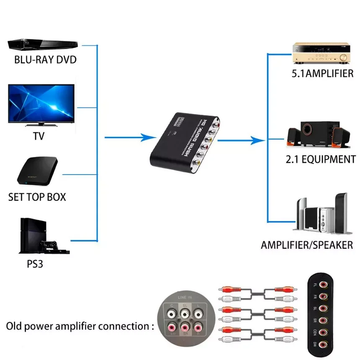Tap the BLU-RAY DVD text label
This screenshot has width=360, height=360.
[46, 59]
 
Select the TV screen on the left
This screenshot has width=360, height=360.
[41, 103]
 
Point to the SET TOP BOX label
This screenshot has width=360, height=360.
[37, 197]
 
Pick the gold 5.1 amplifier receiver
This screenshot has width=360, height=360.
[321, 53]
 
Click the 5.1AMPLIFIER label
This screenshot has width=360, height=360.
[322, 74]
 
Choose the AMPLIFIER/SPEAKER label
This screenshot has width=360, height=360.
[307, 245]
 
